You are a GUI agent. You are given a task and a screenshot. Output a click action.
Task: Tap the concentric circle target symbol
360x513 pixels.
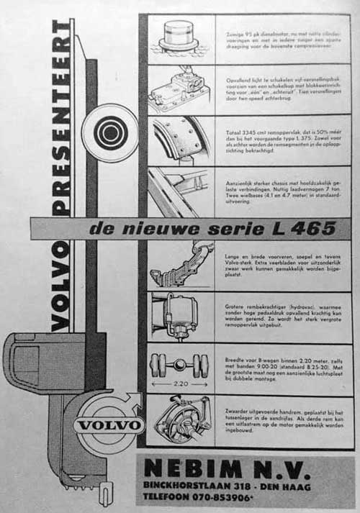(109, 132)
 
